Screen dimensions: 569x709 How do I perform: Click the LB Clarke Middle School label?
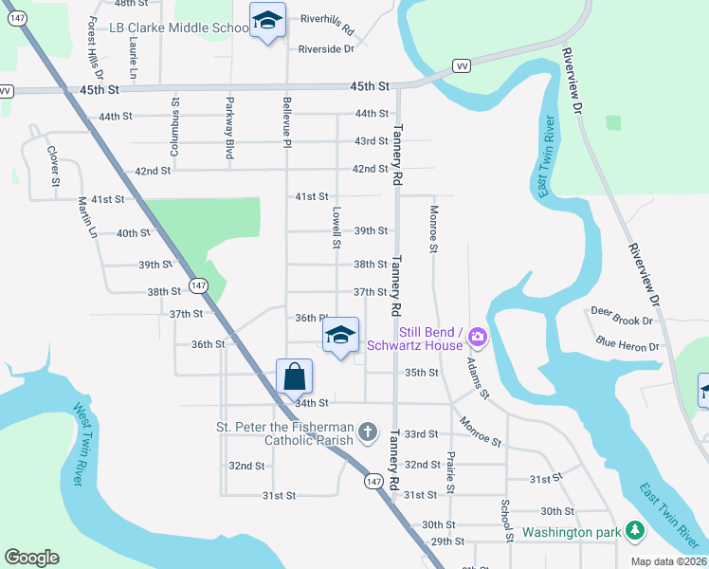point(178,28)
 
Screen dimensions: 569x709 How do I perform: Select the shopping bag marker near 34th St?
point(294,376)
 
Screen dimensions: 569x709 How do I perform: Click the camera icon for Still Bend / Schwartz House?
point(477,338)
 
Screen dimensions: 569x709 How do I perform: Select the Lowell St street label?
point(336,228)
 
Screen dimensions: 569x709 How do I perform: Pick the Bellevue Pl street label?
point(285,120)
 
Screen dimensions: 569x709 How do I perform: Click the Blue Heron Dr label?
point(627,345)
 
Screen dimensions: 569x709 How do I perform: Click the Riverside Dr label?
point(325,48)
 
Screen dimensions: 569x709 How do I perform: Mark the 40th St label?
point(133,233)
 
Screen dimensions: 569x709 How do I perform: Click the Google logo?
point(31,558)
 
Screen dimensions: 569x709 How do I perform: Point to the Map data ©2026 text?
point(667,561)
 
